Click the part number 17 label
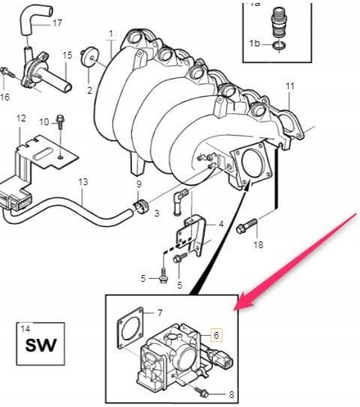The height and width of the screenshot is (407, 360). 58,23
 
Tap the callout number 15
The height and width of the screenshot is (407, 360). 67,55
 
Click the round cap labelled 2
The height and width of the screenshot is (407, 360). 88,57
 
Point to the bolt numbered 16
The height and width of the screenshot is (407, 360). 7,73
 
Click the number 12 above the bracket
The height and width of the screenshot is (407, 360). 21,118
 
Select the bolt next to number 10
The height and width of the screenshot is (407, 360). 60,121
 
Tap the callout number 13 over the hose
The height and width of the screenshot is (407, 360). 83,182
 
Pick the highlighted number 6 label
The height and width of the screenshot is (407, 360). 216,335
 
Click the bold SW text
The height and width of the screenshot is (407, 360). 40,346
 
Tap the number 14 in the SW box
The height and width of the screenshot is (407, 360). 25,329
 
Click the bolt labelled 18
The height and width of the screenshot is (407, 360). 247,226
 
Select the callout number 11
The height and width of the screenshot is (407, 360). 289,86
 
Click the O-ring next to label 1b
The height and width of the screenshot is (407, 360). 280,46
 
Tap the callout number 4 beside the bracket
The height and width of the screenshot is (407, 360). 221,224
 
